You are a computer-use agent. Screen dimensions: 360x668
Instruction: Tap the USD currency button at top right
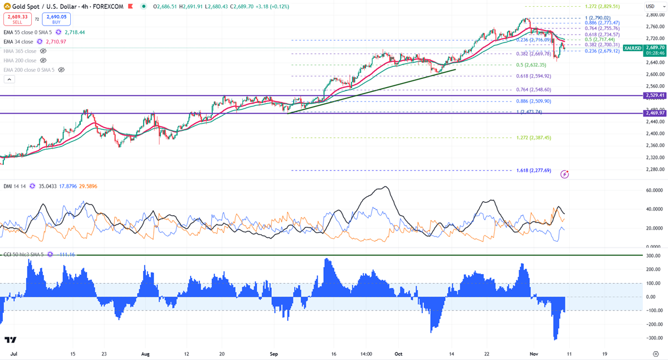(650, 6)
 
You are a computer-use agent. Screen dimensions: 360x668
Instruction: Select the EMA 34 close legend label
(18, 42)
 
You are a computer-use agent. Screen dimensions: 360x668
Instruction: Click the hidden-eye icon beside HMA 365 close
(43, 51)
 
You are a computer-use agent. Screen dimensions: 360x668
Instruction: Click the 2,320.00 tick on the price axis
(654, 157)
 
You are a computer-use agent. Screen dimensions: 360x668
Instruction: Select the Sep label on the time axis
(274, 353)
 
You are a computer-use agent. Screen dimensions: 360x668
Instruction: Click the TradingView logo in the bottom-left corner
(10, 339)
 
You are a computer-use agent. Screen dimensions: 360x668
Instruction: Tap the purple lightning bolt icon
(565, 174)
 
